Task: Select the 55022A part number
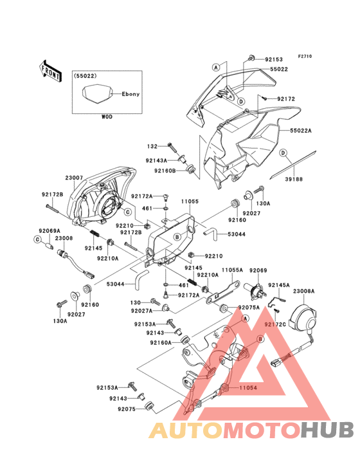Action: coord(301,130)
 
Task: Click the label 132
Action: coord(152,146)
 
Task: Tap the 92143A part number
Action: coord(156,160)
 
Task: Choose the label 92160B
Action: coord(164,171)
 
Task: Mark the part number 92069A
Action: coord(49,230)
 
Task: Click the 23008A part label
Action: coord(305,291)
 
